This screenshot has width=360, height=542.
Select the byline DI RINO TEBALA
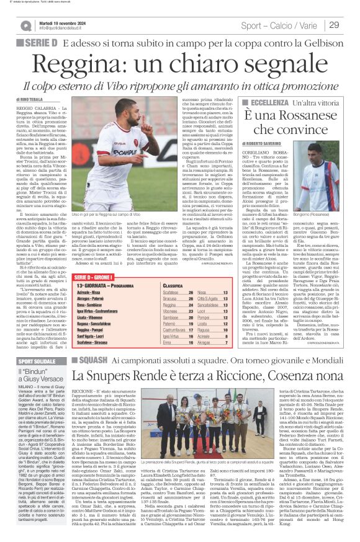coord(32,99)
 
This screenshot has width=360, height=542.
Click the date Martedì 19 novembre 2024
coord(65,22)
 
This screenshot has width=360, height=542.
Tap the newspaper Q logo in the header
coord(25,25)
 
